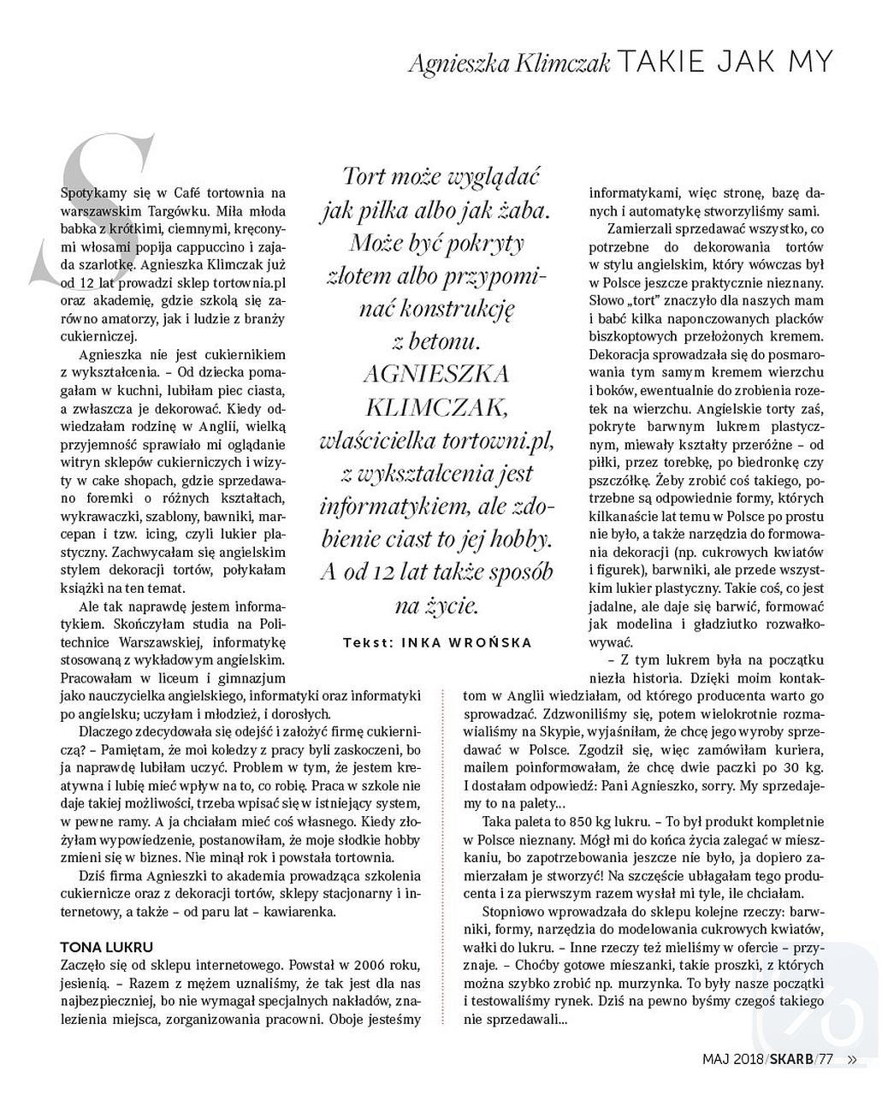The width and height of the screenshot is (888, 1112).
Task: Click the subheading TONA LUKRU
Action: click(x=107, y=947)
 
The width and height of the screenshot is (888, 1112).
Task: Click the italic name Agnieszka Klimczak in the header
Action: click(x=509, y=63)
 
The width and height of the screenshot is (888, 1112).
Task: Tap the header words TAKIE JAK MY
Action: click(x=724, y=62)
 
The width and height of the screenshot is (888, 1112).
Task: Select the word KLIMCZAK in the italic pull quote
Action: click(x=437, y=405)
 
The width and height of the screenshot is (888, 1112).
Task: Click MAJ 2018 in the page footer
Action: click(x=734, y=1058)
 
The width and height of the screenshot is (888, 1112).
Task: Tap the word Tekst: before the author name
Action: click(x=367, y=642)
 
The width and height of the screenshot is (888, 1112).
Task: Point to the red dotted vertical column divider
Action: click(x=443, y=770)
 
